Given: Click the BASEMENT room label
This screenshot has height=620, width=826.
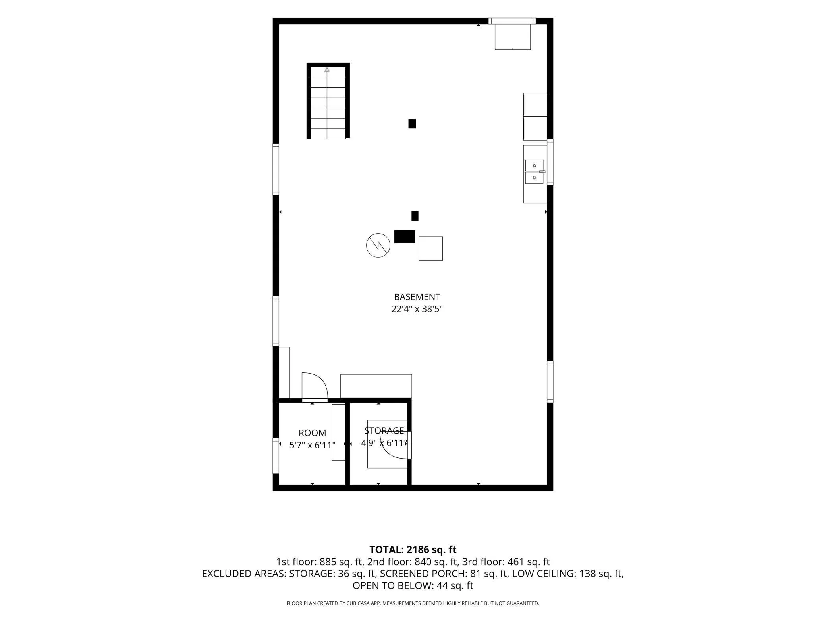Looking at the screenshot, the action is coord(417,297).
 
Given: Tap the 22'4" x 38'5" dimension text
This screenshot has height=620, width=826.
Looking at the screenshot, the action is coord(417,309).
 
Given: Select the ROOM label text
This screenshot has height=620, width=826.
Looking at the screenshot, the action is coord(313,433).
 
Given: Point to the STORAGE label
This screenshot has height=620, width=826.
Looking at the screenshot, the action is coord(384,430).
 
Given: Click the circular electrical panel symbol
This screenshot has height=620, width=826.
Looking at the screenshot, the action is coord(378,245).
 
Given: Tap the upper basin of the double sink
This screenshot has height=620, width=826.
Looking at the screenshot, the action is coord(534,165).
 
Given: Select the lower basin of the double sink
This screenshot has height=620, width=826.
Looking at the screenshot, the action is coord(534,178).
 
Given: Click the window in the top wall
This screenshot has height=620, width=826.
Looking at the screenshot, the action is coord(512,21).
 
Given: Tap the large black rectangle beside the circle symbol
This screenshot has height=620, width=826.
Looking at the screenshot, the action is coord(405,236).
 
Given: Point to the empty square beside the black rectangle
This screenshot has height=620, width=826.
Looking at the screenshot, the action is coord(431,249).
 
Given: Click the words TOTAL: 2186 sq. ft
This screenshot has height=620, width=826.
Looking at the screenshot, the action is coord(413,550).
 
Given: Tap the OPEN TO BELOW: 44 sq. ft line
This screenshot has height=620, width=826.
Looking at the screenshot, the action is coord(413,586).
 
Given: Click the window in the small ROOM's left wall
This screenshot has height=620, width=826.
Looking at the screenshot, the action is coord(276,455).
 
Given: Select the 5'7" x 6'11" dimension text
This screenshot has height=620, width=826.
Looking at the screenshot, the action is coord(313,445).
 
